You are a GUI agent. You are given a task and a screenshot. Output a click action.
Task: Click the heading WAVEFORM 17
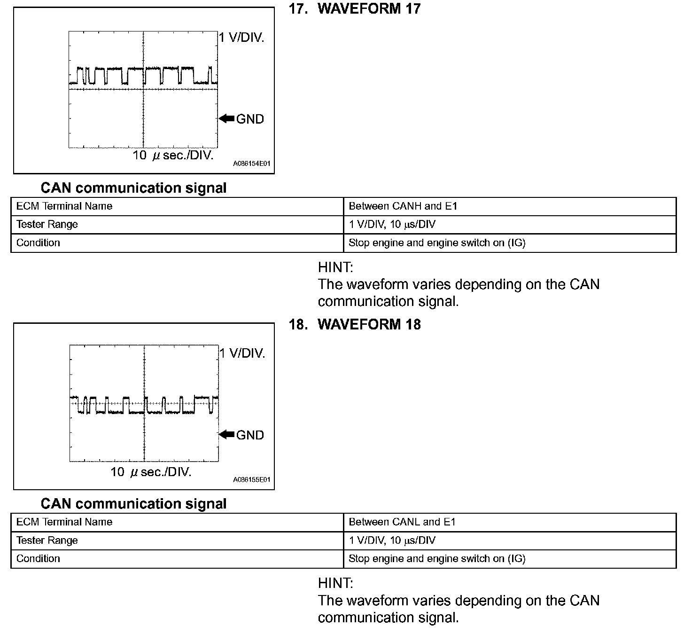tap(369, 9)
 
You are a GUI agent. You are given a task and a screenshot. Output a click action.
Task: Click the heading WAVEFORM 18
tap(369, 325)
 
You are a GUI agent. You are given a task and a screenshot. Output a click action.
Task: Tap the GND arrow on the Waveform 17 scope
tap(227, 119)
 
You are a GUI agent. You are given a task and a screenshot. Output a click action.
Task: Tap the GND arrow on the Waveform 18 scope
tap(227, 435)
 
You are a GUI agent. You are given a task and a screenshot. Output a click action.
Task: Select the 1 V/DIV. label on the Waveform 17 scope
tap(242, 38)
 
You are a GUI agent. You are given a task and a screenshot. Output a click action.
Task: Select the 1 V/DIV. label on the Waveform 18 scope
tap(242, 353)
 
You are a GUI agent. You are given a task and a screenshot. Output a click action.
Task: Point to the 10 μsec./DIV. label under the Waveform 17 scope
tap(173, 156)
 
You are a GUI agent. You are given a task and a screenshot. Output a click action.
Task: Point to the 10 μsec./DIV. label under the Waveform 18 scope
tap(151, 472)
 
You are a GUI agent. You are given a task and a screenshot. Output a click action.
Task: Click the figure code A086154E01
tap(252, 164)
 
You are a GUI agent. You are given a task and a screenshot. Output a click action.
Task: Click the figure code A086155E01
tap(252, 480)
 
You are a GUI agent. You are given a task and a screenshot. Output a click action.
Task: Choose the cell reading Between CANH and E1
tap(403, 206)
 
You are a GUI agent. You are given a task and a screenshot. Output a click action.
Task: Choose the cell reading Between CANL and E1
tap(402, 522)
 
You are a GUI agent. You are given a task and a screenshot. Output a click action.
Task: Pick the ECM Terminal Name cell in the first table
tap(64, 206)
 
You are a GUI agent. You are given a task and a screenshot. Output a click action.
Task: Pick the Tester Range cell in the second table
tap(47, 540)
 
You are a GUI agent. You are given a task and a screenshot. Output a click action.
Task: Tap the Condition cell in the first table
tap(38, 243)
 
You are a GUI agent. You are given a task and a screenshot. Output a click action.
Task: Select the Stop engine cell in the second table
tap(437, 559)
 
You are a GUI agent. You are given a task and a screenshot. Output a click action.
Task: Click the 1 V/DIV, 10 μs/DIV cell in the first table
tap(392, 225)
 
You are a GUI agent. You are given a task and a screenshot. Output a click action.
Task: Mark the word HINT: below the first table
tap(335, 267)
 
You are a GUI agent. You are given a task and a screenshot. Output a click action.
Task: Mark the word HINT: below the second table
tap(335, 583)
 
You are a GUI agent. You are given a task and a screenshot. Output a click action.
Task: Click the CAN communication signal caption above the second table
tap(133, 504)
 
